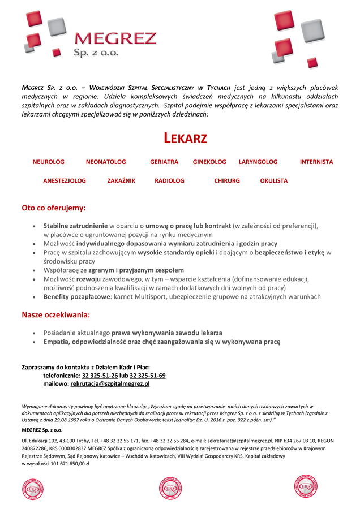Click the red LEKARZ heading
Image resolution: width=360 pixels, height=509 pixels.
tap(185, 138)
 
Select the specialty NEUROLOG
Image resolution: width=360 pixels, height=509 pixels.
tap(48, 162)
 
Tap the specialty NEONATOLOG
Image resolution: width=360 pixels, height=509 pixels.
tap(106, 162)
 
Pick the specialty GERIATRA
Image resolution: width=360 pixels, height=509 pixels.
tap(164, 162)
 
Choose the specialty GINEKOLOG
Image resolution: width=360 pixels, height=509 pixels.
tap(209, 162)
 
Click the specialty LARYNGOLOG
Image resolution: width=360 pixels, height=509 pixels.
tap(258, 162)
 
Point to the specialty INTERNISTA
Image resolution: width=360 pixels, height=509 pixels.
tap(316, 162)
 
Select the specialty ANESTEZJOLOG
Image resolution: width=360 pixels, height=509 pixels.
tap(65, 181)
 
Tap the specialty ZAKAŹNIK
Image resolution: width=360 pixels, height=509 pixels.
tap(121, 181)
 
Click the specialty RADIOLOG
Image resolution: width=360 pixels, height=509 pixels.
tap(169, 181)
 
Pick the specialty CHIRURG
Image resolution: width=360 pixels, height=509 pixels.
tap(227, 181)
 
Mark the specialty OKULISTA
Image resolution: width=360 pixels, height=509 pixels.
tap(274, 181)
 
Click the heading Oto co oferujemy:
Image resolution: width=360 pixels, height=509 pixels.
tap(54, 208)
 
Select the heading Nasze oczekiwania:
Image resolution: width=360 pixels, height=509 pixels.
tap(55, 314)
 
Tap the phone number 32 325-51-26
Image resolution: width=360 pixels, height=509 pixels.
tap(100, 376)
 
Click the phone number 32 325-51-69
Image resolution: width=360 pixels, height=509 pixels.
tap(148, 376)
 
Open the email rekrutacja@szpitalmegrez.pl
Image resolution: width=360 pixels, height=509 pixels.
tap(110, 384)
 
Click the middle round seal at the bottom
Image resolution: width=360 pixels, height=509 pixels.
tap(170, 488)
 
